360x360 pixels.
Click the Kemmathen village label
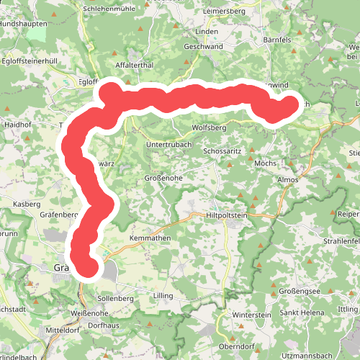(x=149, y=238)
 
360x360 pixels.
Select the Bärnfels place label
(x=277, y=40)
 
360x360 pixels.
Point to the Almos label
(x=287, y=179)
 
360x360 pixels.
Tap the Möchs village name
(x=266, y=163)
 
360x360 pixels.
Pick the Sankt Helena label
(x=301, y=312)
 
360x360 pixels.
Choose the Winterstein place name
(x=251, y=315)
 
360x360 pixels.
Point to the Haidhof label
(x=17, y=124)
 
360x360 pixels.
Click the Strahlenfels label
(x=341, y=240)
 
